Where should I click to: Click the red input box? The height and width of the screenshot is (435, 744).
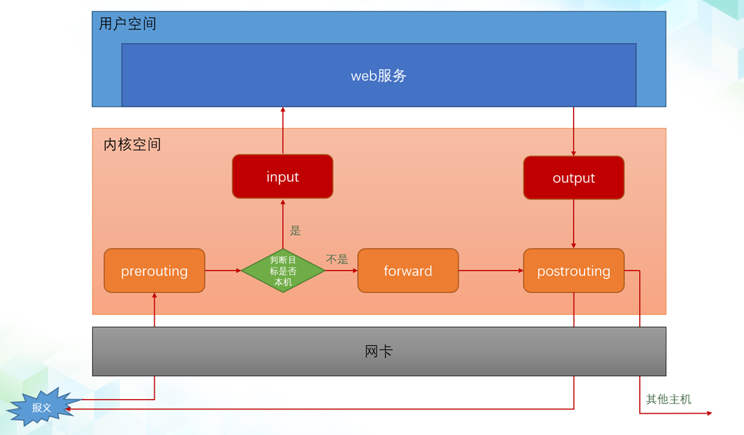[x=282, y=177]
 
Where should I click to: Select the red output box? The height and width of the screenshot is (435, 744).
[x=574, y=178]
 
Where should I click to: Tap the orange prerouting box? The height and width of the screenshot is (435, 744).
[x=154, y=271]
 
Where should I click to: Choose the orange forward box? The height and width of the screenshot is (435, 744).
[x=408, y=271]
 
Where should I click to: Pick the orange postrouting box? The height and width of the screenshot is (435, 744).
[x=574, y=271]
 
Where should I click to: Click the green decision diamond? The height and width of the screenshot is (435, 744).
[x=283, y=271]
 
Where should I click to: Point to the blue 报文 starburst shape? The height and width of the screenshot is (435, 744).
[x=40, y=407]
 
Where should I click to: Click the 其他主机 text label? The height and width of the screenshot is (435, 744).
[x=668, y=399]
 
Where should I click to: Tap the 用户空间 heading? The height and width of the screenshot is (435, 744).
[x=127, y=24]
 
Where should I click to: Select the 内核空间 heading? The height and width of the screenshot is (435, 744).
[x=132, y=145]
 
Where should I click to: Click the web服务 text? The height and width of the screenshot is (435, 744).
[x=379, y=75]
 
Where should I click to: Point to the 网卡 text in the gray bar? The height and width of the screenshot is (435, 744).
[x=379, y=351]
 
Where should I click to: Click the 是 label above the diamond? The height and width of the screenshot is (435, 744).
[x=296, y=230]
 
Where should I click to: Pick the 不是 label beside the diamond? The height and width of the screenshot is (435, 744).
[x=336, y=260]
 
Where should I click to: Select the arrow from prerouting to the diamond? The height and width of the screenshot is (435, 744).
[x=222, y=271]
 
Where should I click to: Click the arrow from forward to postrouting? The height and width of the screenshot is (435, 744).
[x=491, y=271]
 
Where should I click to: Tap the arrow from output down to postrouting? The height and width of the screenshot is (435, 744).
[x=574, y=224]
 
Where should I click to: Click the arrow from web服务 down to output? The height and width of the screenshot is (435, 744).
[x=574, y=132]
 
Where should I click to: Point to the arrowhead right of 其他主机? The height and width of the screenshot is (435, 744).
[x=709, y=413]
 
